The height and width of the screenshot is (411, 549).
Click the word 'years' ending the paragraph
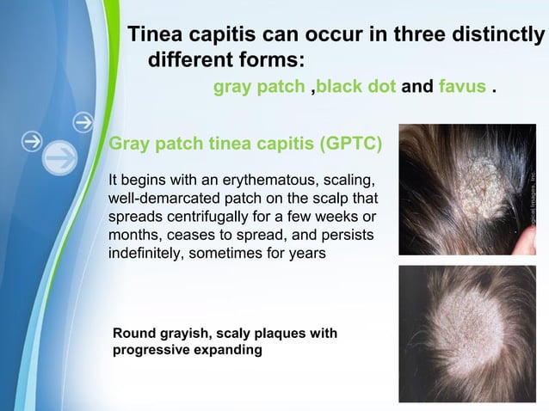(307, 254)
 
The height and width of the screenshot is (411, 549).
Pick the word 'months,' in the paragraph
(135, 236)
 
